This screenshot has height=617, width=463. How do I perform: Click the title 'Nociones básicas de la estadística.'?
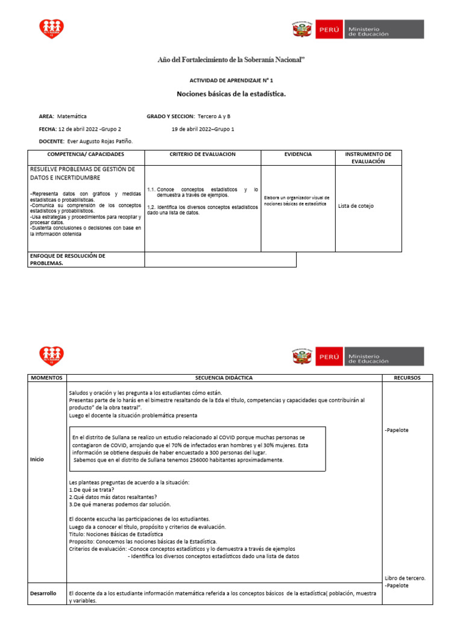231,94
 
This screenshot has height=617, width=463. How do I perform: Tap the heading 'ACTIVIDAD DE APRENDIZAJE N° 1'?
231,80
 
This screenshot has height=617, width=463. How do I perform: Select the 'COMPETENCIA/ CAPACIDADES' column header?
86,154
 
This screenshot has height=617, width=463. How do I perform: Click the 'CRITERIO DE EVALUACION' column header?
203,154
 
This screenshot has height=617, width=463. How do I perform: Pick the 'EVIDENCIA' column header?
298,154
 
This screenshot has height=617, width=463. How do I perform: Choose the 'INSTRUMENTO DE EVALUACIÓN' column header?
368,158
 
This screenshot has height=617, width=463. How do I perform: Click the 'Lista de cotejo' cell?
356,206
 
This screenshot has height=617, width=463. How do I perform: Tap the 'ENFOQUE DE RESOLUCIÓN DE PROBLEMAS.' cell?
68,259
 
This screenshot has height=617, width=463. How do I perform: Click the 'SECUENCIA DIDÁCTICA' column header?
224,378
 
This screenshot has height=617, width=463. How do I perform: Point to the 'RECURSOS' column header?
408,378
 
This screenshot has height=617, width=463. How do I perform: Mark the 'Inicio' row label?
37,459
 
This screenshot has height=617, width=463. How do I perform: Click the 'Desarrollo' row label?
43,594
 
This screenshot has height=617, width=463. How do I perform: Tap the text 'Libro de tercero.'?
405,578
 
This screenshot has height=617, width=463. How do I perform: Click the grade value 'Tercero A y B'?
214,116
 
